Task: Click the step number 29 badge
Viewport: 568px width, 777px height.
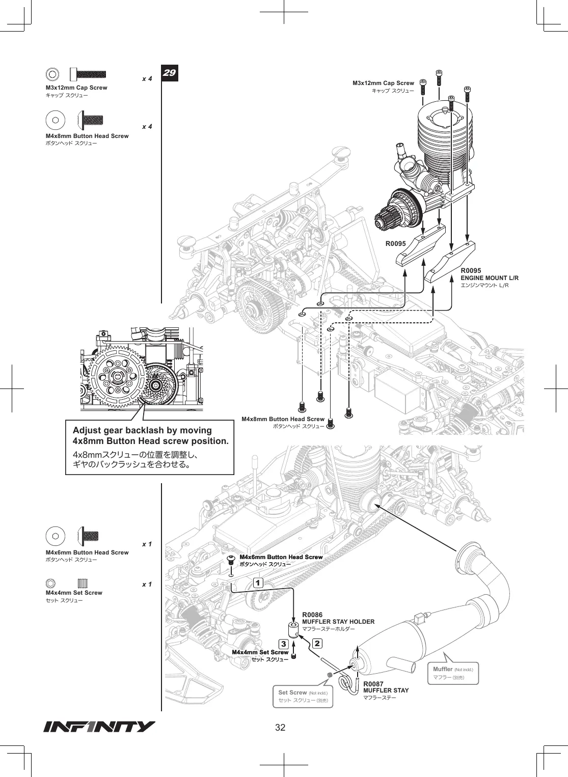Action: click(170, 73)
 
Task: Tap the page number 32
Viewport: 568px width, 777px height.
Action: click(280, 728)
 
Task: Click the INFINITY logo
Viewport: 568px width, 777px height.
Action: click(99, 727)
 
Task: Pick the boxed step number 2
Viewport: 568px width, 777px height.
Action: click(317, 644)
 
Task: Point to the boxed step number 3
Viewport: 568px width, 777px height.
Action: click(284, 644)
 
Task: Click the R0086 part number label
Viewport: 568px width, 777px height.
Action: click(312, 615)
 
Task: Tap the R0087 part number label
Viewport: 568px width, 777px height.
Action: click(373, 684)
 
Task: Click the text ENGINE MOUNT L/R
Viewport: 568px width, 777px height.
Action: click(490, 278)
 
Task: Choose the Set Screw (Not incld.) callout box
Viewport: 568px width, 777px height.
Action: click(303, 696)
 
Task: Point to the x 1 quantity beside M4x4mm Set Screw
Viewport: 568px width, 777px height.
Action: click(147, 585)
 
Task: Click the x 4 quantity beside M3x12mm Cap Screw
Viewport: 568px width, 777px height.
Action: click(147, 79)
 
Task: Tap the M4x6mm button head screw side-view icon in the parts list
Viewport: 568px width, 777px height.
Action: click(89, 536)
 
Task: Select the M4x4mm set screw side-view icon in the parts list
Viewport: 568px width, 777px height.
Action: click(83, 583)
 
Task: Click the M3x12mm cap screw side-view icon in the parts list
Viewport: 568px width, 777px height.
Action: click(88, 74)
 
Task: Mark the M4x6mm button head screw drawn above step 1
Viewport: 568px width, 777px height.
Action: click(231, 560)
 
